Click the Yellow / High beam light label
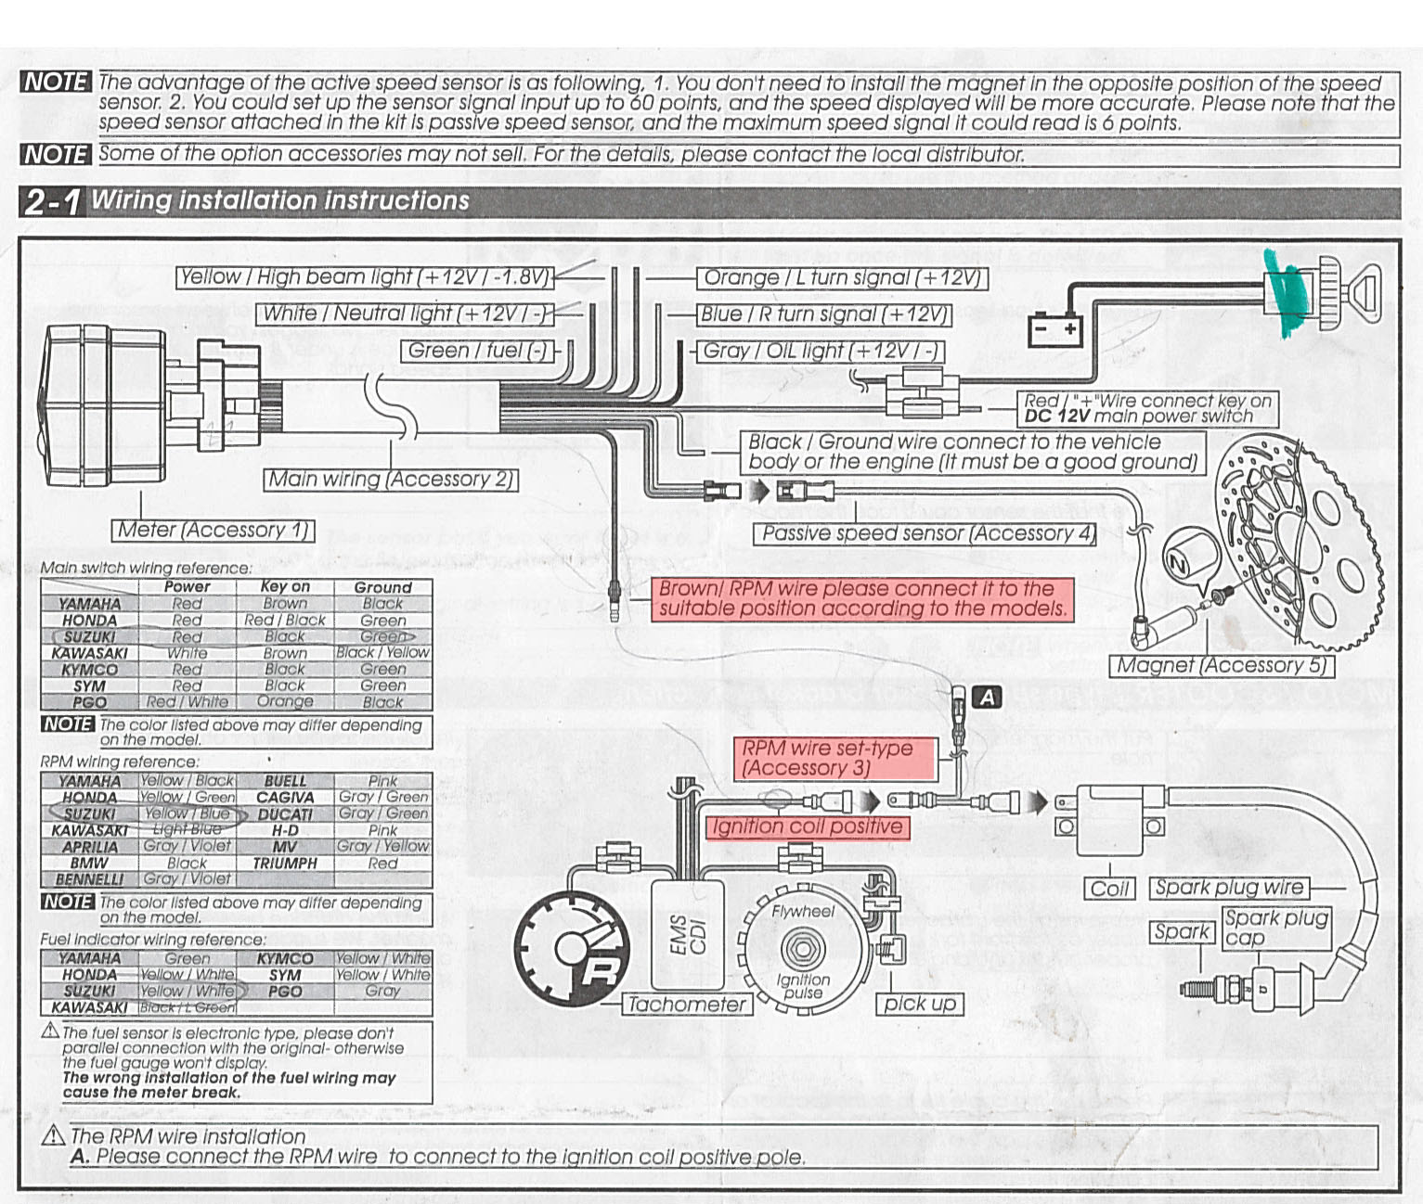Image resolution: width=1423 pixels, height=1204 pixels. (365, 277)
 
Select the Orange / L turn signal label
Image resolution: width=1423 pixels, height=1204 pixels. (842, 278)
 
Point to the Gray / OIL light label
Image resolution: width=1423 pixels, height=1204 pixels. (821, 352)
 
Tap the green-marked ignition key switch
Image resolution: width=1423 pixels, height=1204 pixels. (1318, 292)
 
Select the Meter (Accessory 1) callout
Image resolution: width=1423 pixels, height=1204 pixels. (213, 531)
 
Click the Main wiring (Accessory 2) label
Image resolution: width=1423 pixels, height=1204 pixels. (390, 480)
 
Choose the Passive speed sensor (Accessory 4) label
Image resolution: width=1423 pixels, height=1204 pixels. (924, 533)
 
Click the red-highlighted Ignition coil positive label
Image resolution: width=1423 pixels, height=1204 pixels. (806, 826)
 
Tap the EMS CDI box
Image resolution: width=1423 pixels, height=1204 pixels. (688, 935)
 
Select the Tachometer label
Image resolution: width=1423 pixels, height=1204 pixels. (686, 1005)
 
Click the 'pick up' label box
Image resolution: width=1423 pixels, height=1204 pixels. (918, 1004)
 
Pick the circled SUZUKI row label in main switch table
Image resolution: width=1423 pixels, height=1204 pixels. (89, 637)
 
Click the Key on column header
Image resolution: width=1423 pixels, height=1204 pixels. (285, 587)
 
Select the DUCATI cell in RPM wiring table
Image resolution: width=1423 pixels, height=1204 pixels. (285, 813)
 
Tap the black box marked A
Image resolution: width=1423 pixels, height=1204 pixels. (987, 697)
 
